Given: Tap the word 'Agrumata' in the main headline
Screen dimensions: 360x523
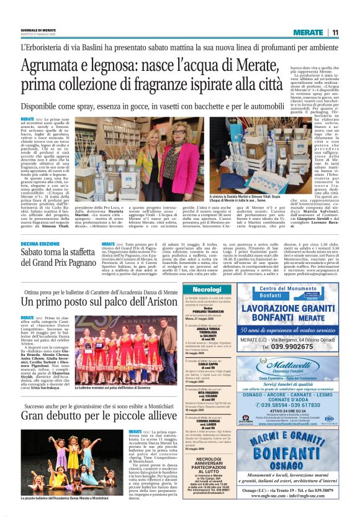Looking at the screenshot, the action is click(52, 66).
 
